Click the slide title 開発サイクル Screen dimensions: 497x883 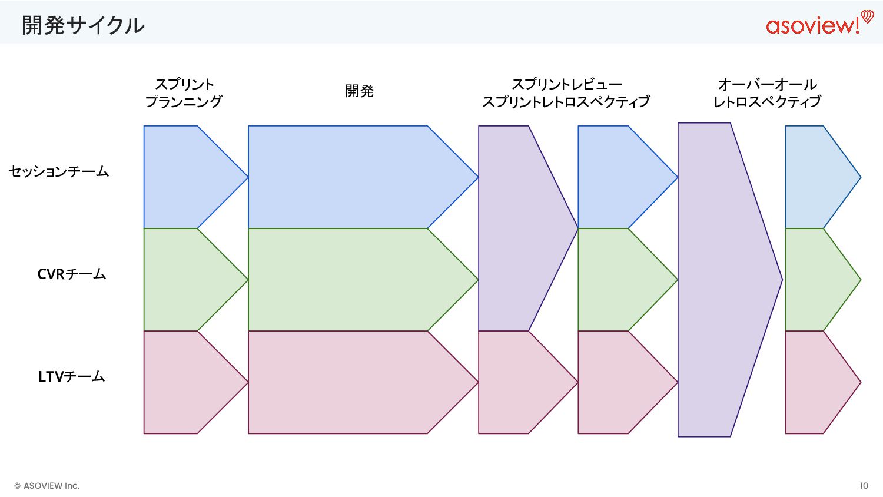(83, 25)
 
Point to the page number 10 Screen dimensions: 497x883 (864, 486)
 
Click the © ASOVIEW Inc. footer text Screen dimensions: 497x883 (47, 486)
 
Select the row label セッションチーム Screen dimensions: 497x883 (59, 171)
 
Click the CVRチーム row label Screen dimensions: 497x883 (72, 274)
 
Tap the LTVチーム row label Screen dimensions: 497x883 (72, 376)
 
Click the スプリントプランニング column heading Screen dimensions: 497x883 (184, 93)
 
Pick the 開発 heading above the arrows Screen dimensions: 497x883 (359, 91)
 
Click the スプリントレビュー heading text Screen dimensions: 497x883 (566, 84)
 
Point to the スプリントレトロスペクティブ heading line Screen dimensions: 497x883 (566, 102)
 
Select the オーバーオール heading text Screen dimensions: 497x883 (767, 84)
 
